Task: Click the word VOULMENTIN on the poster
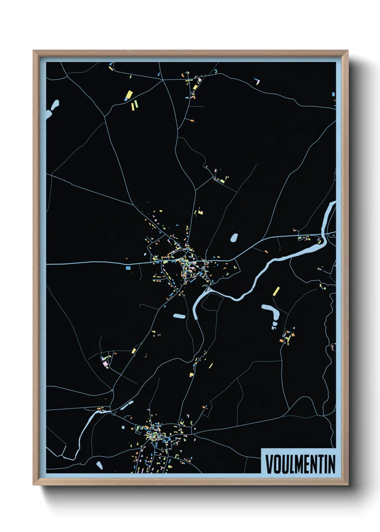300,464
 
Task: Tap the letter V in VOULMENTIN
269,464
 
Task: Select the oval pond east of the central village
234,238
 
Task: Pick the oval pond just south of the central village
179,316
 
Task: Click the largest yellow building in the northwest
129,95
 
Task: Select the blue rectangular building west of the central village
128,268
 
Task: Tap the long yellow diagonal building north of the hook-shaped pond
276,291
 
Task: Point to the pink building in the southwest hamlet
105,364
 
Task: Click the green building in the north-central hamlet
223,181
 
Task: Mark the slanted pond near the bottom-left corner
99,465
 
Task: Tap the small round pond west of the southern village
123,427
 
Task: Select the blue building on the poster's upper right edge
333,94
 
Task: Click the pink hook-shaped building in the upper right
258,81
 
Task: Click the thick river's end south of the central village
196,316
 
